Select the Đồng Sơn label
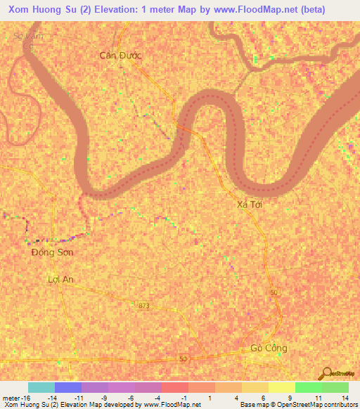click(x=53, y=252)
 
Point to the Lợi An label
click(x=60, y=279)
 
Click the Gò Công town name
click(x=269, y=349)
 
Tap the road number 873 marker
click(x=145, y=305)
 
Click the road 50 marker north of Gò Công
click(x=274, y=292)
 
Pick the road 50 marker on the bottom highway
click(x=184, y=358)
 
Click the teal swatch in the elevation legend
click(x=41, y=387)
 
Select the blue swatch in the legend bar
click(x=68, y=387)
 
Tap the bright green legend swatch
click(x=309, y=387)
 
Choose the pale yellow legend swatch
click(x=282, y=387)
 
